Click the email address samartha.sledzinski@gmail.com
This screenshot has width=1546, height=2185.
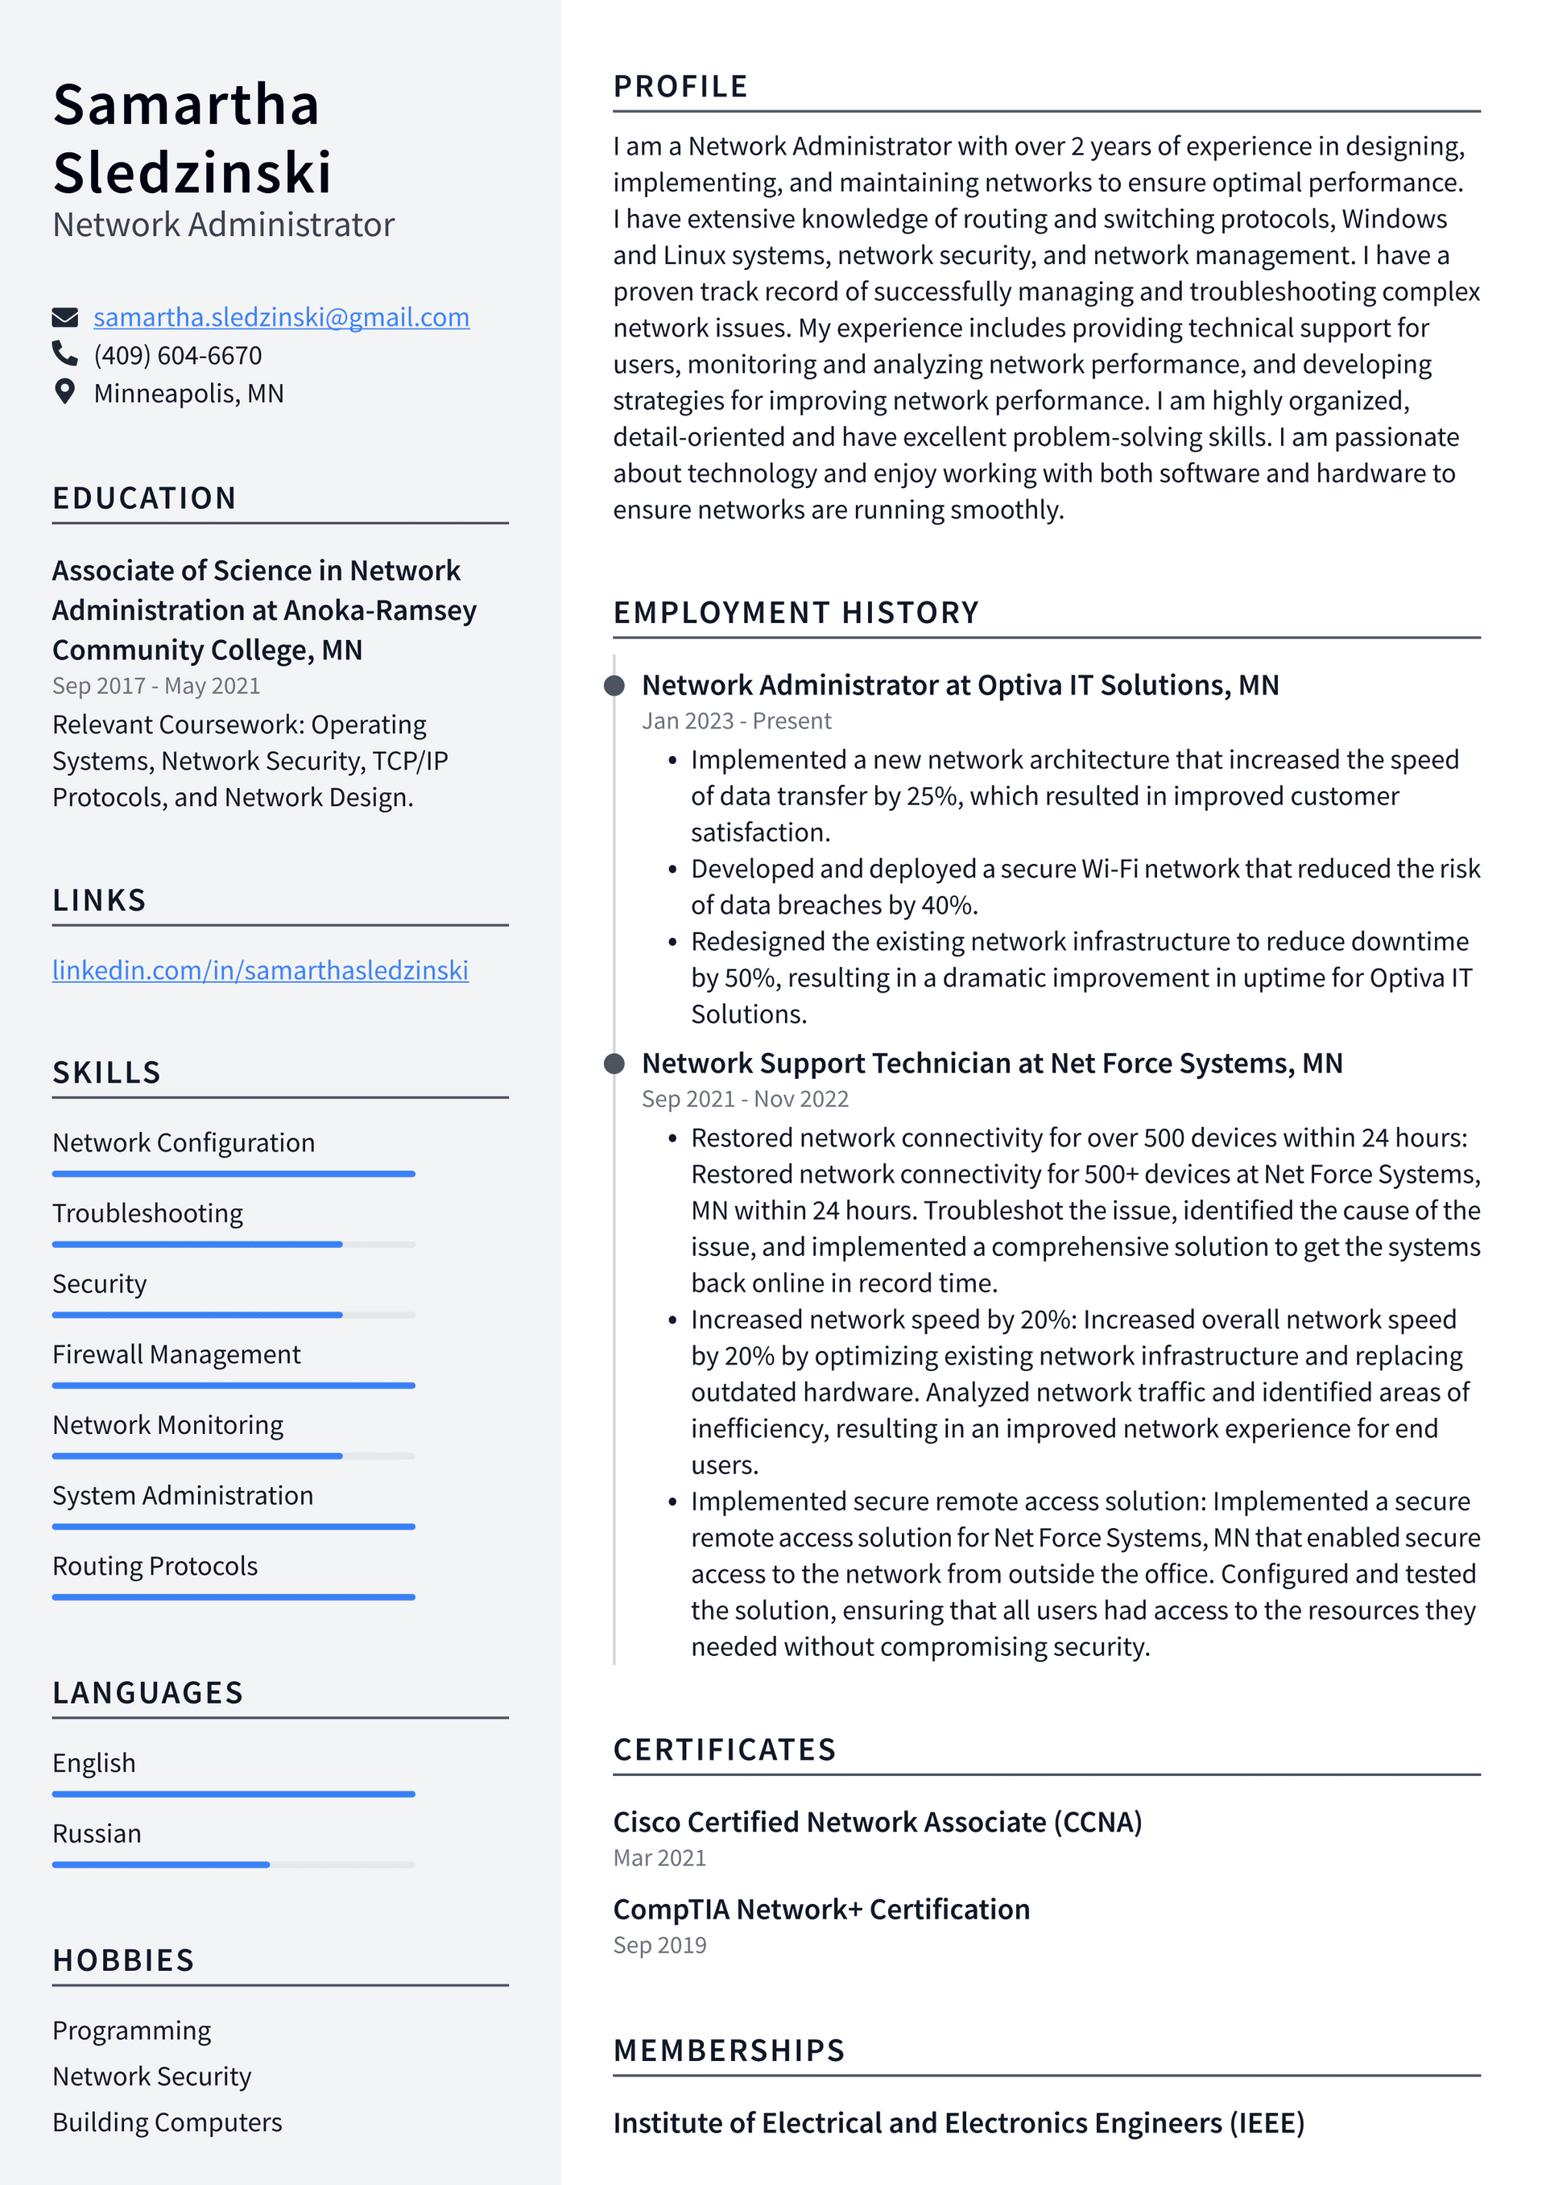pos(281,317)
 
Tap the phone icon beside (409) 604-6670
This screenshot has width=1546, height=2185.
pos(64,354)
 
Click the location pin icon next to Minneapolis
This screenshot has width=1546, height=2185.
pos(64,392)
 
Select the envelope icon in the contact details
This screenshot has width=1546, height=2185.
pos(64,317)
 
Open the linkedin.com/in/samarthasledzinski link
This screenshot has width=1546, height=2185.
pos(260,970)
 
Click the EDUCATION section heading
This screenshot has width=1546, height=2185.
pos(144,498)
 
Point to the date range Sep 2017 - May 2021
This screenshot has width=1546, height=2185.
pos(156,685)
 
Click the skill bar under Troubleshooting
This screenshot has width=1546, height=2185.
pos(234,1244)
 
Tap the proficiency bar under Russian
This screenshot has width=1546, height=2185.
pos(234,1865)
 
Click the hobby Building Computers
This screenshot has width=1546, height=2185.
pos(167,2121)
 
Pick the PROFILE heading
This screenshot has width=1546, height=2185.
pos(680,87)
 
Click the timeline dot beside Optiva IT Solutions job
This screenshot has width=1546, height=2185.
pos(615,685)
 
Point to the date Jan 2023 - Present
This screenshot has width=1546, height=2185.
pos(736,721)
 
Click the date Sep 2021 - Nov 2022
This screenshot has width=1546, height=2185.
pos(745,1099)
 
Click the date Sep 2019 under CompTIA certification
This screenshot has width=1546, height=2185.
pos(659,1945)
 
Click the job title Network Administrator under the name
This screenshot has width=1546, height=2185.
pos(224,225)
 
